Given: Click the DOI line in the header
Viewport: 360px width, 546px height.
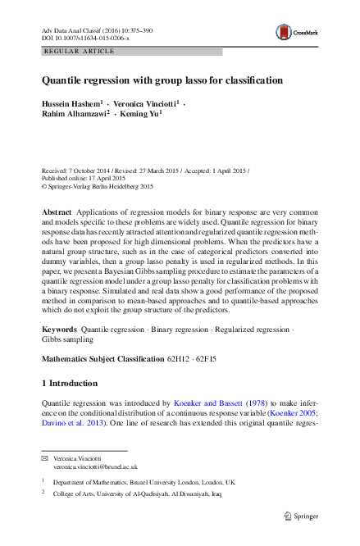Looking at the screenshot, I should pyautogui.click(x=85, y=38).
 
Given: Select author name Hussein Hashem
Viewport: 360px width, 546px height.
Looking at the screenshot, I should pyautogui.click(x=70, y=105).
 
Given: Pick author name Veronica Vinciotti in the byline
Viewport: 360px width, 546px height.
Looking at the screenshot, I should pyautogui.click(x=144, y=105).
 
